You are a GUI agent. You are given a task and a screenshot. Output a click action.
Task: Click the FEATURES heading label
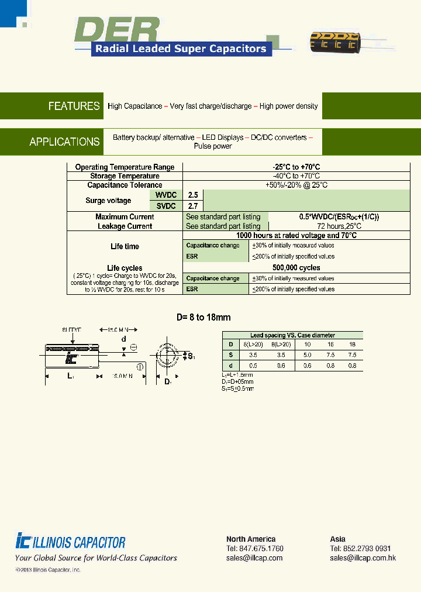(x=74, y=106)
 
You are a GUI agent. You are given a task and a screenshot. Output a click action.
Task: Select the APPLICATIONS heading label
(x=64, y=142)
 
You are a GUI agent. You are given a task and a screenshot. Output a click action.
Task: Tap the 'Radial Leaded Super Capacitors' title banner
(x=181, y=49)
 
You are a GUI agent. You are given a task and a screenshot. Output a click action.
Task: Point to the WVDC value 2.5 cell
(x=192, y=195)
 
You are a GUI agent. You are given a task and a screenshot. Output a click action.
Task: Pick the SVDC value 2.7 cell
(x=192, y=206)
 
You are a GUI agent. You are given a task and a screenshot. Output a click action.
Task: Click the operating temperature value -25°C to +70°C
(x=296, y=167)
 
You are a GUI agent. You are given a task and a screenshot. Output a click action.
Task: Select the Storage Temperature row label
(x=125, y=176)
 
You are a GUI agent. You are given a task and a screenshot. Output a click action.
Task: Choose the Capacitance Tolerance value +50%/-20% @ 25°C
(x=296, y=185)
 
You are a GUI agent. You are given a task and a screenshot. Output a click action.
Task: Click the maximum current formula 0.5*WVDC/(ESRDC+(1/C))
(x=339, y=217)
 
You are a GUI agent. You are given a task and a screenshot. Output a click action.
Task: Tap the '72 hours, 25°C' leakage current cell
(x=339, y=226)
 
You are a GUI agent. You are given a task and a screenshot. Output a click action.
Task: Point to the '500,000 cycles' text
(x=297, y=268)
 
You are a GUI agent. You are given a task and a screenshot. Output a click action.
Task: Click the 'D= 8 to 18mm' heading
(x=203, y=318)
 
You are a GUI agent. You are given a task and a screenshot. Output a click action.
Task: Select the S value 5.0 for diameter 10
(x=307, y=355)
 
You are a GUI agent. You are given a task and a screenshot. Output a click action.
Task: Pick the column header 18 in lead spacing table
(x=352, y=345)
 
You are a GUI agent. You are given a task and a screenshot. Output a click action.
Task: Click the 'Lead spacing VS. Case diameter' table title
(x=292, y=335)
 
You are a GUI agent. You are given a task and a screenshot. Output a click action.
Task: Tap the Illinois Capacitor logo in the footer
(x=71, y=542)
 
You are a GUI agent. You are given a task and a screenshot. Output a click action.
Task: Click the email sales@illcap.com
(x=254, y=557)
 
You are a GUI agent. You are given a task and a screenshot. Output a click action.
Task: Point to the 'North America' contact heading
(x=251, y=539)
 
